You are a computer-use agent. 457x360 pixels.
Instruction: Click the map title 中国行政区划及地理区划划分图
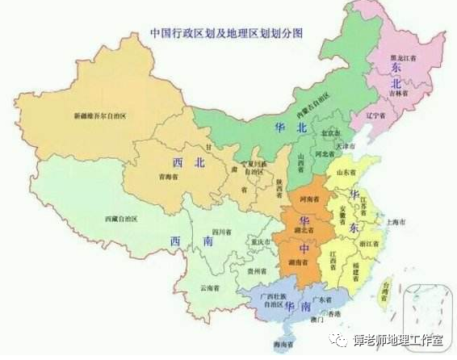(x=232, y=35)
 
